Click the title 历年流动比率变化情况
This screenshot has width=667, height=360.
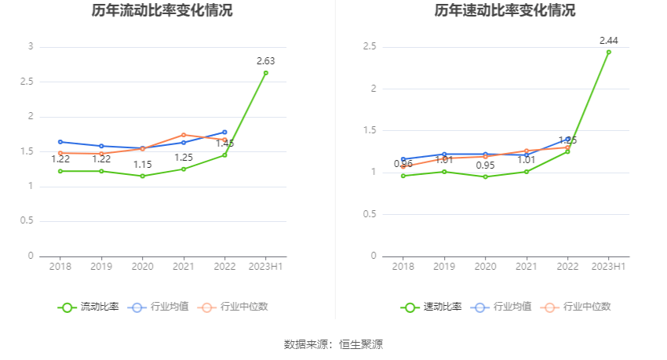click(162, 11)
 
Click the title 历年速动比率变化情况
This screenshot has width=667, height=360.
click(505, 11)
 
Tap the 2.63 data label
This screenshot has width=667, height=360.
click(265, 60)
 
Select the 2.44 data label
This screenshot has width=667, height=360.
click(608, 40)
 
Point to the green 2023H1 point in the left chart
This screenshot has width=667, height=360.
click(265, 73)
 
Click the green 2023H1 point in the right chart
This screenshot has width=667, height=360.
click(608, 52)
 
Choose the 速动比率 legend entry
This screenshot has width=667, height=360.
click(432, 307)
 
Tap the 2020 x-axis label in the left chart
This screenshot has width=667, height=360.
click(142, 267)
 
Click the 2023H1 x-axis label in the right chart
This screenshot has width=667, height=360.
click(608, 267)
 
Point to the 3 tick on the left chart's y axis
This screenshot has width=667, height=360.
click(31, 47)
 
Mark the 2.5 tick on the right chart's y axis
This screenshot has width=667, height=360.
click(370, 47)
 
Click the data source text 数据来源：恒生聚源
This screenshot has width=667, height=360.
click(333, 344)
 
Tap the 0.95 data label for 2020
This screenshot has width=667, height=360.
click(485, 165)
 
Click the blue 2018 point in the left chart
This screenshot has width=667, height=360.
click(60, 142)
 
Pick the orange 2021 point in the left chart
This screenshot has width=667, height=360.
click(183, 135)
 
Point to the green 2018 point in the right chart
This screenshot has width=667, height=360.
click(403, 176)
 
